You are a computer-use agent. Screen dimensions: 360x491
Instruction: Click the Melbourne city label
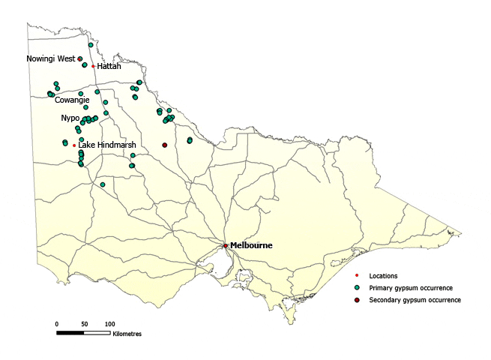251,245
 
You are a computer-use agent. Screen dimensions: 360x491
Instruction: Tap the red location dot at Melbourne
226,245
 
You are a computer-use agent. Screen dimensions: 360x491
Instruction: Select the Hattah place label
109,66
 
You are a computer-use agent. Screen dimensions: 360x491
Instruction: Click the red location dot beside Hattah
93,66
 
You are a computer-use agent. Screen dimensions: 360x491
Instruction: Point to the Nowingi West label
50,58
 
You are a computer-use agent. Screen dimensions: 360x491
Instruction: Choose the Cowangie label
72,100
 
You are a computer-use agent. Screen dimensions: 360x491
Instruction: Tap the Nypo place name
70,118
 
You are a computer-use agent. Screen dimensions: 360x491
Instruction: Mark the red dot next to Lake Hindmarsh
74,145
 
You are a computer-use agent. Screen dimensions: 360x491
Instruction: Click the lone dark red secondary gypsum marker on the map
165,145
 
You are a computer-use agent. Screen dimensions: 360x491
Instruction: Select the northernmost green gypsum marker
91,45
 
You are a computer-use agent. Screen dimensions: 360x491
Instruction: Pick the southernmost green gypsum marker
103,184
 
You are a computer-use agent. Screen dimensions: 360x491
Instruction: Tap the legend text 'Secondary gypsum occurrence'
420,300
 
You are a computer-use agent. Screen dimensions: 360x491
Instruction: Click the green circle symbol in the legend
358,288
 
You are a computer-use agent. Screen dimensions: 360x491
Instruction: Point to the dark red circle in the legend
358,300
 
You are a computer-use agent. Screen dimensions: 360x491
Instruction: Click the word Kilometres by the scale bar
127,334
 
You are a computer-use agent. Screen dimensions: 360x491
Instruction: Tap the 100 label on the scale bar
109,323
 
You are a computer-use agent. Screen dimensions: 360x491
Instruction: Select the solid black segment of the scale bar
70,331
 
